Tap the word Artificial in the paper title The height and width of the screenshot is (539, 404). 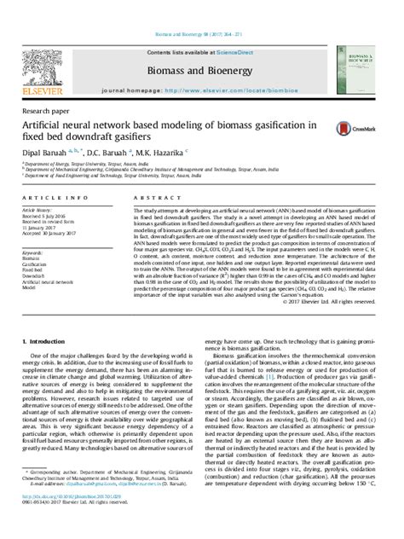[48, 125]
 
